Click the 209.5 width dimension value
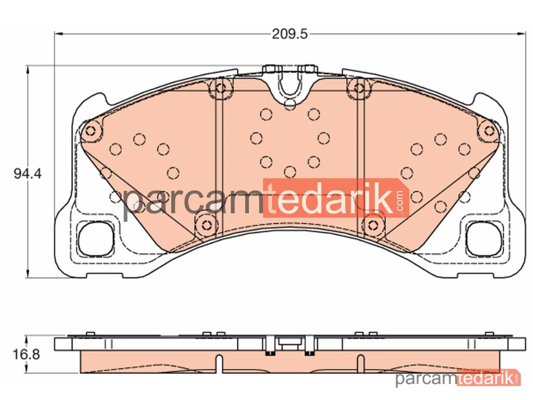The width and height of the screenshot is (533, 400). pos(289,34)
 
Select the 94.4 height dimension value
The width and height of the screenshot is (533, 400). pos(28,174)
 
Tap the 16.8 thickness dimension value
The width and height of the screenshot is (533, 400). pos(26,355)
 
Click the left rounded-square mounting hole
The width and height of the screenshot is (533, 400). pos(95,239)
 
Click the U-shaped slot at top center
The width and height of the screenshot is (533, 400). pos(289,83)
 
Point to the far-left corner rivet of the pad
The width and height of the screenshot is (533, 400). pos(91,131)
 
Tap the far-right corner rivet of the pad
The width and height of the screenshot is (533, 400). pos(489,131)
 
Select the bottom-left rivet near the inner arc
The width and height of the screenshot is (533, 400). pos(206,225)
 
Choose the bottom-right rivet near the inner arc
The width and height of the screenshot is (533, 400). pos(373,225)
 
